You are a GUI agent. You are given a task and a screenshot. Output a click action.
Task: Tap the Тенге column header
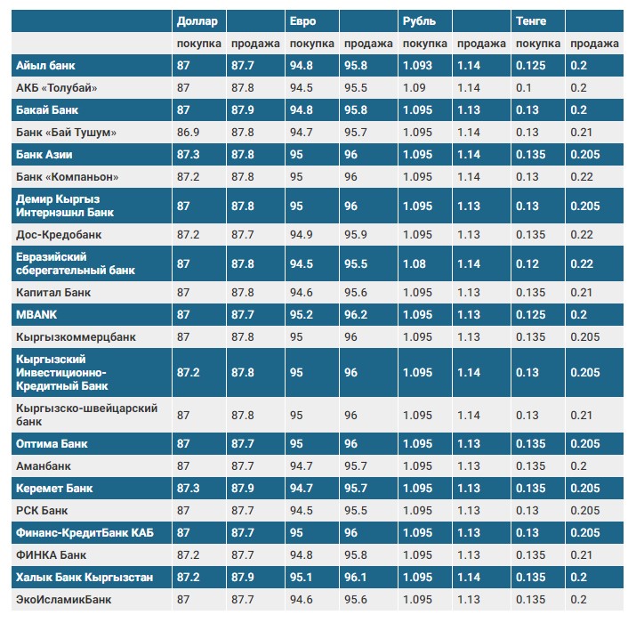[531, 20]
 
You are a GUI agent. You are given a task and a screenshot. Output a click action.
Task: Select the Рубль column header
[419, 20]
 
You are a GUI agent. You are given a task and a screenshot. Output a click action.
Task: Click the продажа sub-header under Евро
[368, 44]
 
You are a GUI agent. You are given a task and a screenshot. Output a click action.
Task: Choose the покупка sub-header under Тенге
[537, 44]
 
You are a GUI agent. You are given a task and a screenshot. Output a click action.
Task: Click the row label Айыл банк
[45, 65]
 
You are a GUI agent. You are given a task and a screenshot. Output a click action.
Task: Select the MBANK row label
[36, 314]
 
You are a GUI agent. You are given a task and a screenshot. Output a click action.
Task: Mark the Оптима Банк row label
[52, 443]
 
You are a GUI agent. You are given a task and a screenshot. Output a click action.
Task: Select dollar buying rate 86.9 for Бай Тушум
[189, 132]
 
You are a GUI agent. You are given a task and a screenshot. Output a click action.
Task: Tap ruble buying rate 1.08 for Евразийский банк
[414, 264]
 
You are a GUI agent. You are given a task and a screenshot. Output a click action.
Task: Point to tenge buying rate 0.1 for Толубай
[523, 87]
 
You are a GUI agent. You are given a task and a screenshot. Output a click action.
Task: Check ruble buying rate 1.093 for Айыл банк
[417, 65]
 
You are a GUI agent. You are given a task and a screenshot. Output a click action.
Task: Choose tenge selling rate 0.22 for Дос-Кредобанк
[582, 235]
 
